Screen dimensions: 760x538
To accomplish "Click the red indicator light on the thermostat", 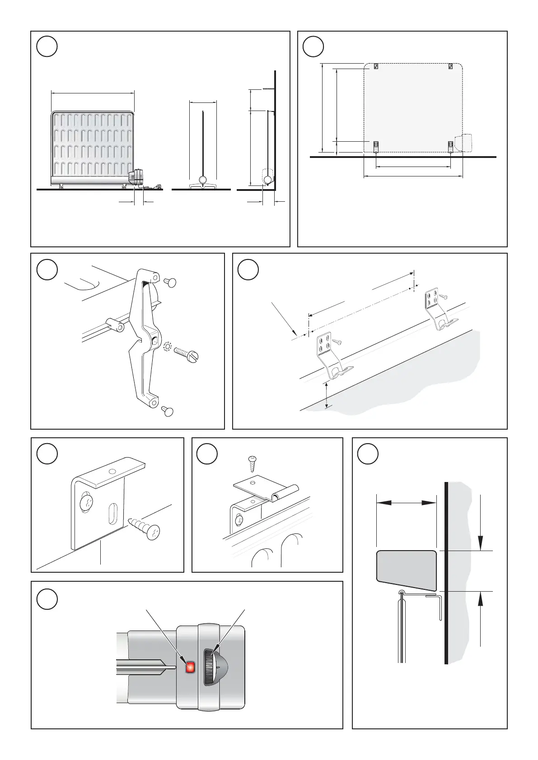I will [190, 667].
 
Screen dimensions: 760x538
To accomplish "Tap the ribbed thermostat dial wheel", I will [209, 667].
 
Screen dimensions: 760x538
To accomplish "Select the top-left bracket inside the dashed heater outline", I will [375, 66].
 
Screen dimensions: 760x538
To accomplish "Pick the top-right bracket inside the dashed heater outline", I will [450, 66].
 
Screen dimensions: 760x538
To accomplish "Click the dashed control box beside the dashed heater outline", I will [464, 143].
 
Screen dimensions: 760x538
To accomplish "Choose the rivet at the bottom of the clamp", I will [168, 411].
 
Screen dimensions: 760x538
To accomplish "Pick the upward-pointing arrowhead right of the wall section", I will [481, 600].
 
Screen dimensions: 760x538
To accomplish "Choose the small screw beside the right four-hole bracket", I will [444, 296].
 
